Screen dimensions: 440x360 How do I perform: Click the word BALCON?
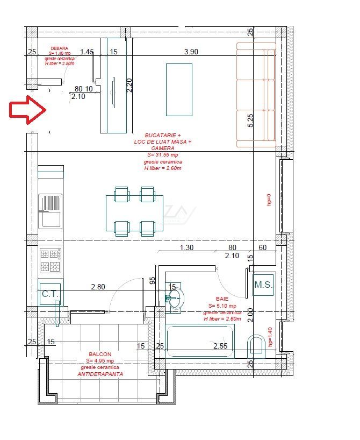[x=100, y=354]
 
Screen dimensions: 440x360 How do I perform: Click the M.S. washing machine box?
[x=264, y=285]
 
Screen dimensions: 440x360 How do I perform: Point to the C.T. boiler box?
[x=50, y=294]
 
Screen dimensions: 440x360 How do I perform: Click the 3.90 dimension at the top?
[x=191, y=52]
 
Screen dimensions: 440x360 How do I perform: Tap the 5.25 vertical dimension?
[x=250, y=119]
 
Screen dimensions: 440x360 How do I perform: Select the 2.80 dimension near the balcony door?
[x=98, y=287]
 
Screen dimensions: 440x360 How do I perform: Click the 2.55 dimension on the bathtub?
[x=221, y=346]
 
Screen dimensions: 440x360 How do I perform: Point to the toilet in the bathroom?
[x=257, y=344]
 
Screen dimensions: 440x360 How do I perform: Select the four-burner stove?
[x=50, y=260]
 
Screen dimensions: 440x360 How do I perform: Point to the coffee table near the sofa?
[x=179, y=89]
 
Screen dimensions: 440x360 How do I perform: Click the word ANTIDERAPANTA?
[x=100, y=373]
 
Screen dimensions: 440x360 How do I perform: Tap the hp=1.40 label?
[x=270, y=337]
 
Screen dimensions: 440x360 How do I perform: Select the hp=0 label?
[x=270, y=200]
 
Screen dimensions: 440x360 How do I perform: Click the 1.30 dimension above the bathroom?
[x=186, y=248]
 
